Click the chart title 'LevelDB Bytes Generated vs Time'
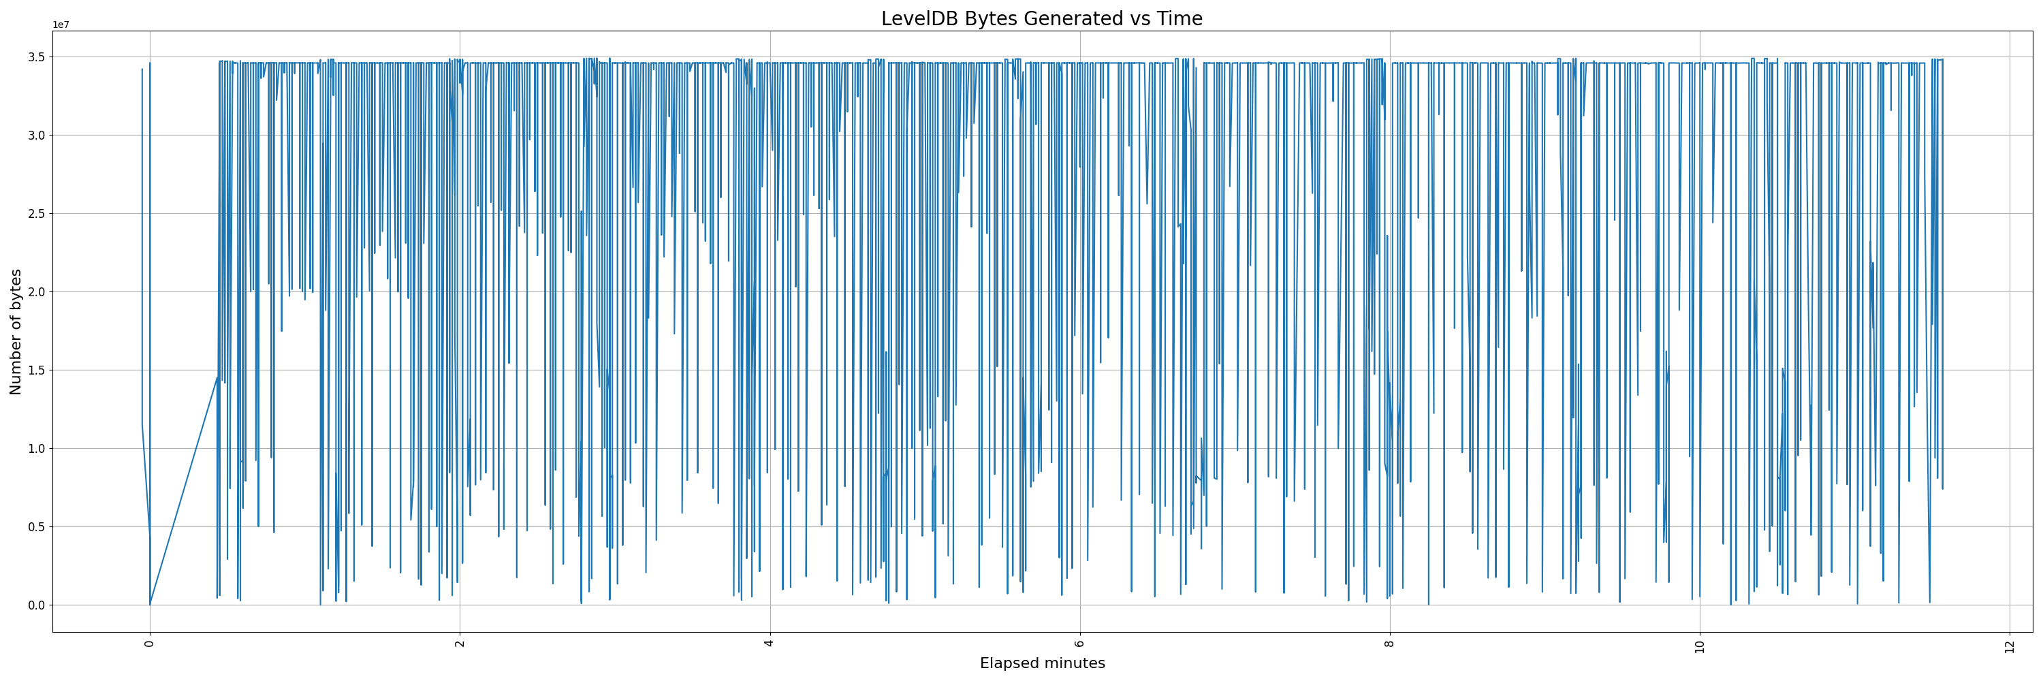pos(1041,19)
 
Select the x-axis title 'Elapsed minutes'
pos(1042,663)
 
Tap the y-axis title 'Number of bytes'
pos(16,332)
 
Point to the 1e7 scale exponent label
pos(61,25)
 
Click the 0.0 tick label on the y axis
pos(37,605)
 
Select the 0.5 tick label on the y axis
pos(37,527)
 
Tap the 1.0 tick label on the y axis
pos(37,449)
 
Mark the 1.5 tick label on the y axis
pos(37,370)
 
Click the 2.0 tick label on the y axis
pos(37,291)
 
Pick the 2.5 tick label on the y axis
pos(37,214)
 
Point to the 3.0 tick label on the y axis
pos(37,136)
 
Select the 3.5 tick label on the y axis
pos(37,57)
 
